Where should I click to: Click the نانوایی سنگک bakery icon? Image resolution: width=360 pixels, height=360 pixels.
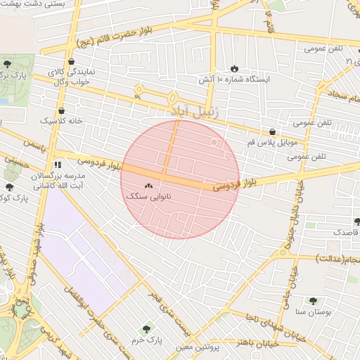click(148, 186)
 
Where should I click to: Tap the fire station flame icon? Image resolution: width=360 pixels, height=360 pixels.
click(233, 69)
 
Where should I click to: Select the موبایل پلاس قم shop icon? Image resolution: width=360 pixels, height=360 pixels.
click(272, 131)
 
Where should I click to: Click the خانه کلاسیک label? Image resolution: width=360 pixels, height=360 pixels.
click(61, 121)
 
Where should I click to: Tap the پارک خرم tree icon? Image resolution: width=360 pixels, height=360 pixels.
click(146, 328)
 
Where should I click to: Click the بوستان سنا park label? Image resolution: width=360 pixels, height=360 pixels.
click(310, 311)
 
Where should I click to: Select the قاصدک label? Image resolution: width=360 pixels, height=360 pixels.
click(345, 231)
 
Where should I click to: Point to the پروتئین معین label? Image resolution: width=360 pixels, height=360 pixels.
click(210, 347)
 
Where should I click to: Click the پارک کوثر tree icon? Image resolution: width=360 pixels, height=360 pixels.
click(9, 187)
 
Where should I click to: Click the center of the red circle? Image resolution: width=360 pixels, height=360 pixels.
click(180, 179)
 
